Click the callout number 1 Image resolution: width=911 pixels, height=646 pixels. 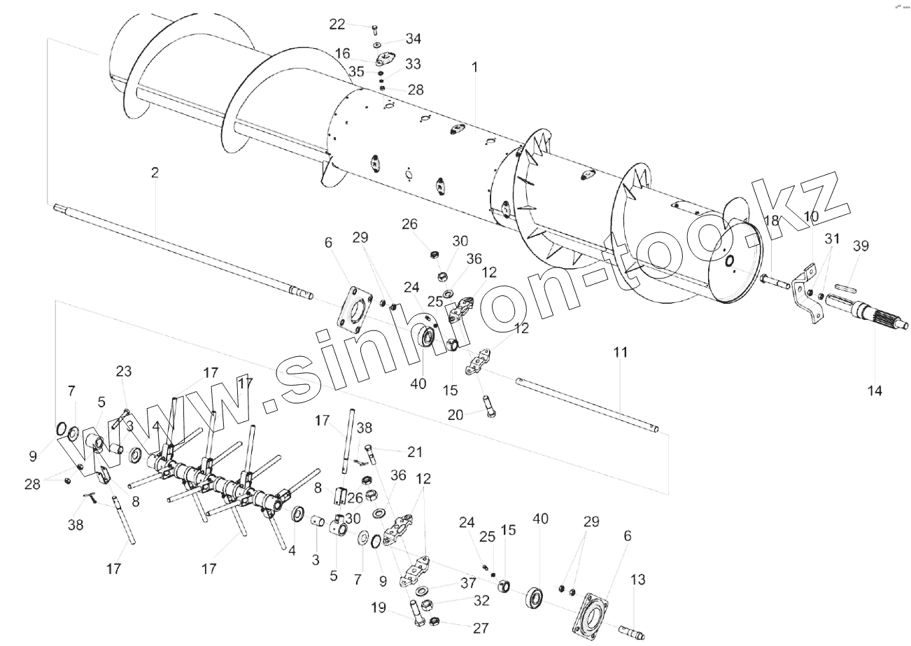point(474,67)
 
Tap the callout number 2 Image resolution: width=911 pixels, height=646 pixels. point(155,172)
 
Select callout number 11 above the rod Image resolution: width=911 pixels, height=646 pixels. point(621,352)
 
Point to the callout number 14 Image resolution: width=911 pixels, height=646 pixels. point(875,390)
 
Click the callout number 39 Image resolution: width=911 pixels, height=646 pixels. point(861,246)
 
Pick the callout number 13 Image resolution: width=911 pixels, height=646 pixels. point(637,580)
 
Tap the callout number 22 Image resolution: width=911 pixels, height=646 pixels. point(337,24)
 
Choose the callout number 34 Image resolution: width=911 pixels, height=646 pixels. point(414,38)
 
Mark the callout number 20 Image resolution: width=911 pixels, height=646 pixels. point(455,414)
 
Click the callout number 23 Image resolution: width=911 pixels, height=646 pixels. point(124,372)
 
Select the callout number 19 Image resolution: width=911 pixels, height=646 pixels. point(379,608)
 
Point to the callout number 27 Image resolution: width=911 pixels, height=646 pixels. point(481,628)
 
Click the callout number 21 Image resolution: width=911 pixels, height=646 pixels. point(415,452)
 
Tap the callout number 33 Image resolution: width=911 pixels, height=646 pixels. point(413,64)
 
